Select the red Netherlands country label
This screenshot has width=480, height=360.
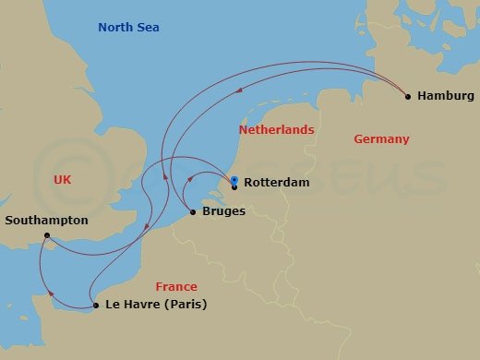pos(276,130)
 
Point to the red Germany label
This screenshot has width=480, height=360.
pos(381,139)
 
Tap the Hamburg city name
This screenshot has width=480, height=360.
pos(446,96)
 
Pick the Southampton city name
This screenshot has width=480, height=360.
pos(46,221)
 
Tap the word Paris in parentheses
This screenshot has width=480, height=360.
pos(184,305)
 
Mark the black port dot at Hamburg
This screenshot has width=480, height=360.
pos(407,96)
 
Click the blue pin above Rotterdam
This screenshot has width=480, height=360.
pos(234,180)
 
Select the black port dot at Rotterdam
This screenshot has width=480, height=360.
pos(234,187)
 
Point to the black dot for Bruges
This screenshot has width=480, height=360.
pos(192,212)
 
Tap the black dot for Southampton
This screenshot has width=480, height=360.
pos(46,235)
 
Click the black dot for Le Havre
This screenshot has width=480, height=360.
pos(96,306)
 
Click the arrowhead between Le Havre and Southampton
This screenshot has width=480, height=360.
pos(51,294)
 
